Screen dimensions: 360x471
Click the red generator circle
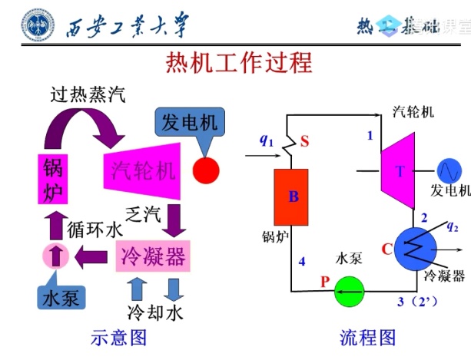[205, 170]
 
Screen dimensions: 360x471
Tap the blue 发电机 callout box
[189, 122]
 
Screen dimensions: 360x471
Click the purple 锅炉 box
[53, 180]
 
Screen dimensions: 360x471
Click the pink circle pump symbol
[55, 256]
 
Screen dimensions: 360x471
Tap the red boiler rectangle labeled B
[293, 197]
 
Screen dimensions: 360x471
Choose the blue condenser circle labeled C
[416, 247]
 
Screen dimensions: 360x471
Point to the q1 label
[266, 140]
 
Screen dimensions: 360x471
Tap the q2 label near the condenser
[452, 226]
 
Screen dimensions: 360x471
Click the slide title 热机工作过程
[239, 62]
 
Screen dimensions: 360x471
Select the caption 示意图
[119, 337]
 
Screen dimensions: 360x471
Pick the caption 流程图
[367, 337]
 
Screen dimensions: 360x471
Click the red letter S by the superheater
[305, 141]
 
